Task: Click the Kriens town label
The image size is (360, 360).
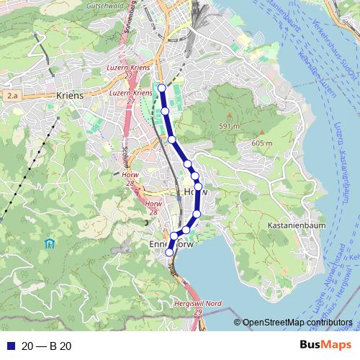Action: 70,94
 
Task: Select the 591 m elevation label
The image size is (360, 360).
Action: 229,127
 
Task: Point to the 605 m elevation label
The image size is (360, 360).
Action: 262,143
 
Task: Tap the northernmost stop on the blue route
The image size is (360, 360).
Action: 162,89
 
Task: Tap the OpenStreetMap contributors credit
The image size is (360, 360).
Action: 297,323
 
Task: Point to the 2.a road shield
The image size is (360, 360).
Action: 11,94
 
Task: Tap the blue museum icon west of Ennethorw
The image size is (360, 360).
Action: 50,243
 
